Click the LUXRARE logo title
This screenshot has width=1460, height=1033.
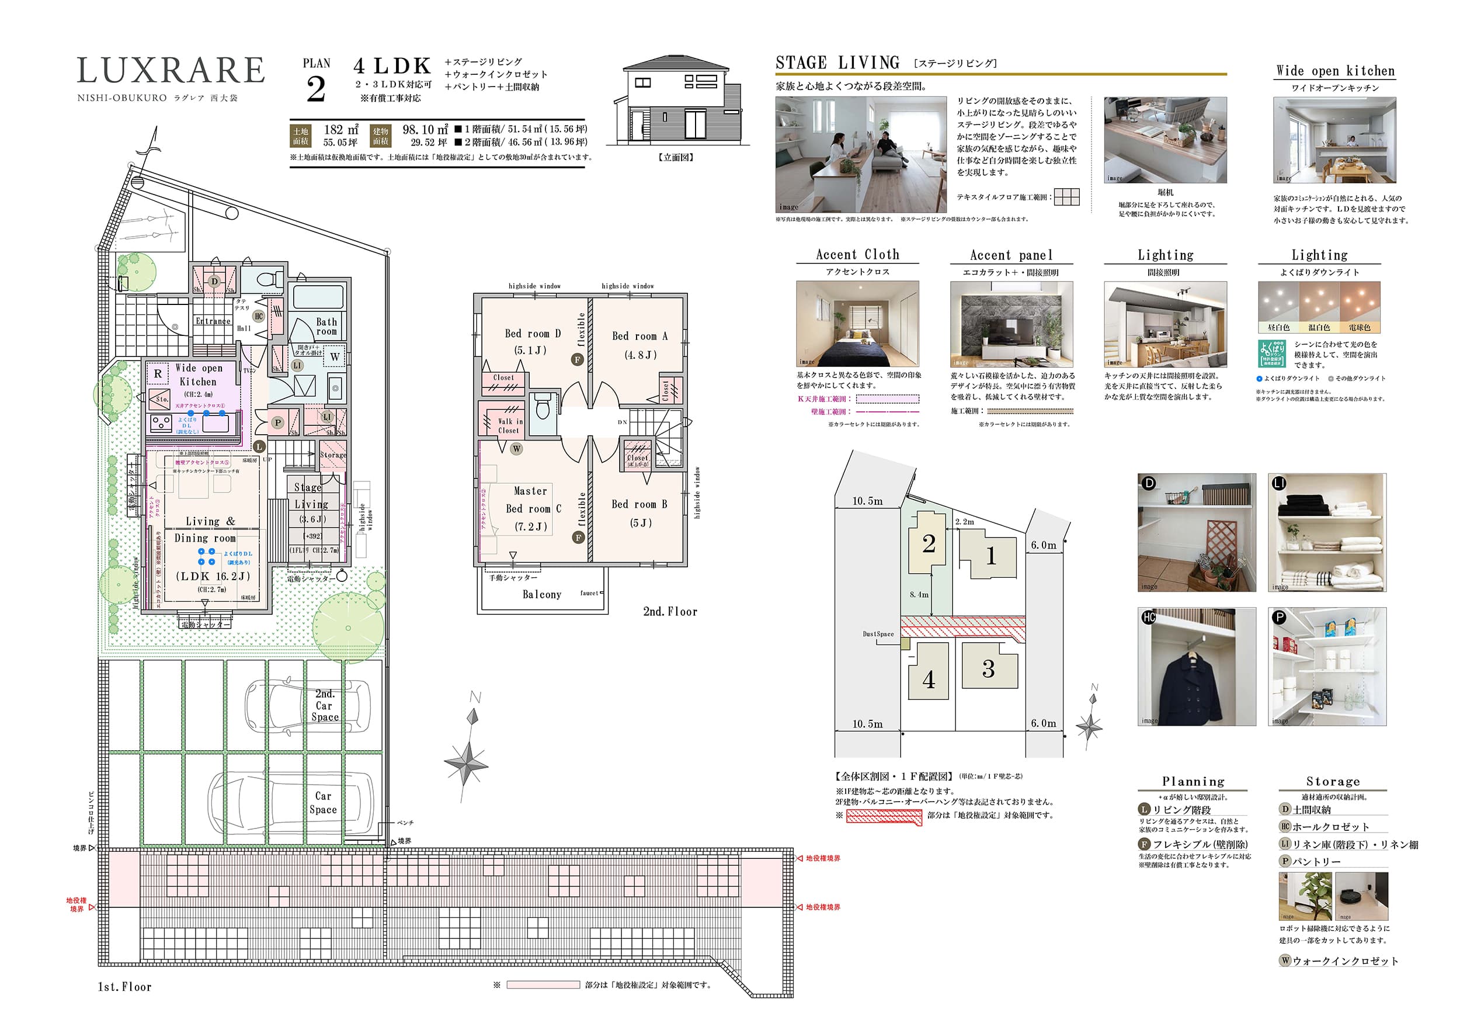(171, 71)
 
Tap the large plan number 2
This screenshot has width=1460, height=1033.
(316, 90)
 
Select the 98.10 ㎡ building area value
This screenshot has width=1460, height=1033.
(425, 130)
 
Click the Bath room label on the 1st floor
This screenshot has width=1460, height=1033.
(326, 326)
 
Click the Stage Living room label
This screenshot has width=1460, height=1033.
(311, 502)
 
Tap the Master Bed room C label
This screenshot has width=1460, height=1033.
(533, 508)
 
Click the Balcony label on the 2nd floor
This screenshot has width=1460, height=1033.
(542, 594)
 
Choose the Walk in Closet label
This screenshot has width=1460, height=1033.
(509, 425)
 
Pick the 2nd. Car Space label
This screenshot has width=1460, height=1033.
(324, 705)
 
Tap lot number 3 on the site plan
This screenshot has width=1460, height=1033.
(988, 668)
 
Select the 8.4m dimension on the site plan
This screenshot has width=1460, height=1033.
(918, 595)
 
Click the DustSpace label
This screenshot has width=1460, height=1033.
(878, 633)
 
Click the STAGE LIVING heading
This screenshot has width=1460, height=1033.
(837, 63)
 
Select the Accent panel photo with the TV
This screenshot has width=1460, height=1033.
(1011, 324)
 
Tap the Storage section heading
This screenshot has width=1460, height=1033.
(1333, 781)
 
